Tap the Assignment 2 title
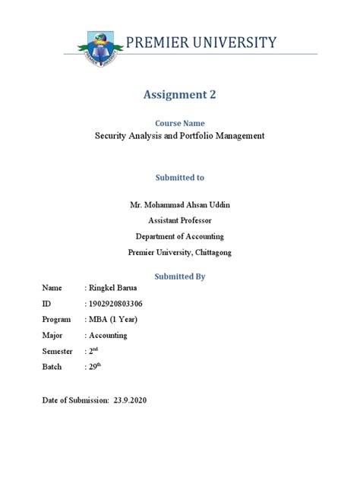(x=179, y=95)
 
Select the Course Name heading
(x=179, y=123)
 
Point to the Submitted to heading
(x=179, y=177)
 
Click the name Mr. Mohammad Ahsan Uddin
(x=179, y=205)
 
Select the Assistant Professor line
(x=179, y=220)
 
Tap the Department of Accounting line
(x=179, y=236)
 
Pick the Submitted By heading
(x=179, y=276)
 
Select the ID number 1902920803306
(x=116, y=304)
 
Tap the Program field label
(x=56, y=319)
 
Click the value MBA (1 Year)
(x=113, y=319)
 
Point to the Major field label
(x=52, y=335)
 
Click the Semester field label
(x=58, y=351)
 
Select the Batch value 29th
(x=95, y=366)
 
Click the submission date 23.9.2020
(x=130, y=400)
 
